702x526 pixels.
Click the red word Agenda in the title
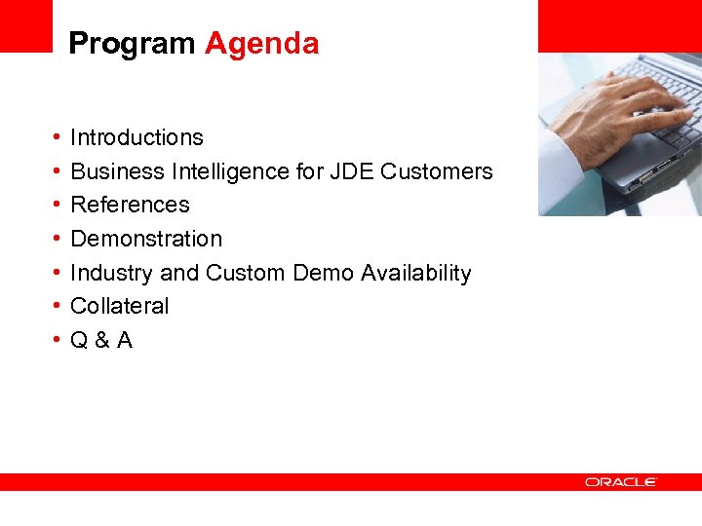click(261, 45)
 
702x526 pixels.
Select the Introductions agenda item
click(136, 137)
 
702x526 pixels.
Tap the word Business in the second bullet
click(117, 171)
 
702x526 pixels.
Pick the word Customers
click(437, 171)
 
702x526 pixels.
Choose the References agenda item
click(130, 205)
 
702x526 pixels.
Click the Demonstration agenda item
click(146, 239)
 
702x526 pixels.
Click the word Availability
click(416, 273)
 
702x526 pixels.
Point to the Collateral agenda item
click(120, 306)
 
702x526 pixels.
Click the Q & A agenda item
click(101, 340)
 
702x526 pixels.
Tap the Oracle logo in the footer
click(621, 482)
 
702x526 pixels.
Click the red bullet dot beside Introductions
click(58, 137)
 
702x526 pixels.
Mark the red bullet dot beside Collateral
click(58, 306)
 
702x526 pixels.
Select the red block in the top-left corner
click(25, 25)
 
